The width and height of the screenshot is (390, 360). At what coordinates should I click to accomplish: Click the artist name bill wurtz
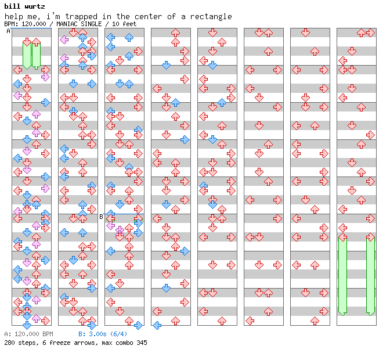[24, 6]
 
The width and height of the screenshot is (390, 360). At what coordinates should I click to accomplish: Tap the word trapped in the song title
[81, 17]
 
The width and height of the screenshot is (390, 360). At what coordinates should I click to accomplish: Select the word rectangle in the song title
[211, 17]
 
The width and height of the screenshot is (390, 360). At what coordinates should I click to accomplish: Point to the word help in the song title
[14, 16]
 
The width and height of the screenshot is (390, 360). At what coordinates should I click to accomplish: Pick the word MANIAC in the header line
[66, 24]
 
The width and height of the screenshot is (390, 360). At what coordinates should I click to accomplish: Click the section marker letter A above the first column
[8, 31]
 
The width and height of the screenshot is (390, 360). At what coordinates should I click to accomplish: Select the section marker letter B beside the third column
[101, 217]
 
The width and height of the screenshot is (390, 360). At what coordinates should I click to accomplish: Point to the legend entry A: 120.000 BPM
[28, 334]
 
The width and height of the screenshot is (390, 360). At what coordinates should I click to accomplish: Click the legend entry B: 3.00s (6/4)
[103, 334]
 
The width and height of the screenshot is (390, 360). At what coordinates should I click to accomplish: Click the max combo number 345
[142, 343]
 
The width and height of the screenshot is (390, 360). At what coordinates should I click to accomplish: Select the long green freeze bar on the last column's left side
[343, 276]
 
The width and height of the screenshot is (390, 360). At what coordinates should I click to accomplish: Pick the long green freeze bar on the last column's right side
[370, 276]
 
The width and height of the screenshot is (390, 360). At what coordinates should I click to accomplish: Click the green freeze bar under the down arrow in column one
[27, 56]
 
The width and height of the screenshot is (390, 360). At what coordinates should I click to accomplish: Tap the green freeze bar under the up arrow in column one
[37, 56]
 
